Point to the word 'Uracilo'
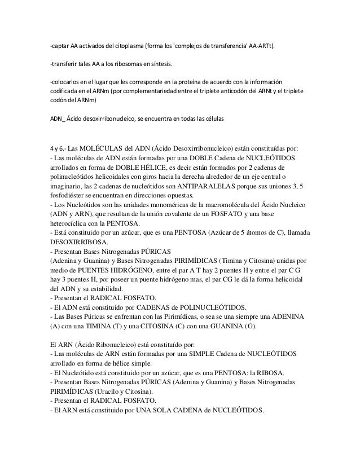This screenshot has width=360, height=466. [114, 390]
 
